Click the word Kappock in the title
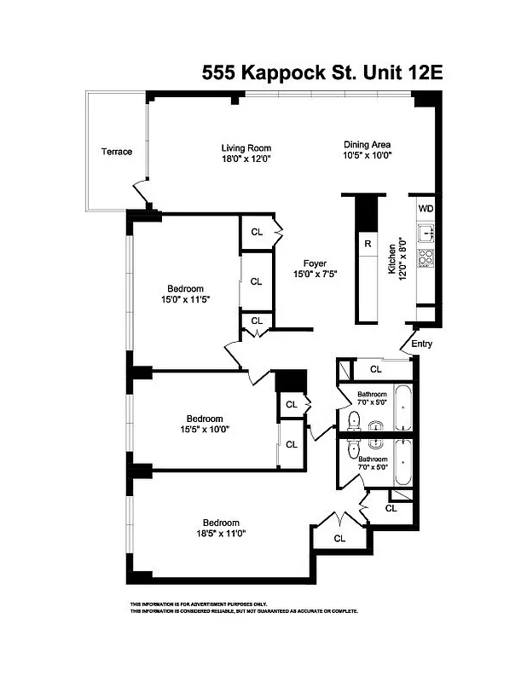tap(283, 73)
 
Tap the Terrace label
tap(117, 152)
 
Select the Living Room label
tap(246, 148)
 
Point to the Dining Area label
tap(367, 144)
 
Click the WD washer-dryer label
tap(426, 207)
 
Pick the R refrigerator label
tap(367, 245)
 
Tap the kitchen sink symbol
tap(425, 231)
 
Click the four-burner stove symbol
tap(425, 256)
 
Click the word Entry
tap(421, 344)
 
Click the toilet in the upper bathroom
tap(354, 419)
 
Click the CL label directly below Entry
tap(375, 369)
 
